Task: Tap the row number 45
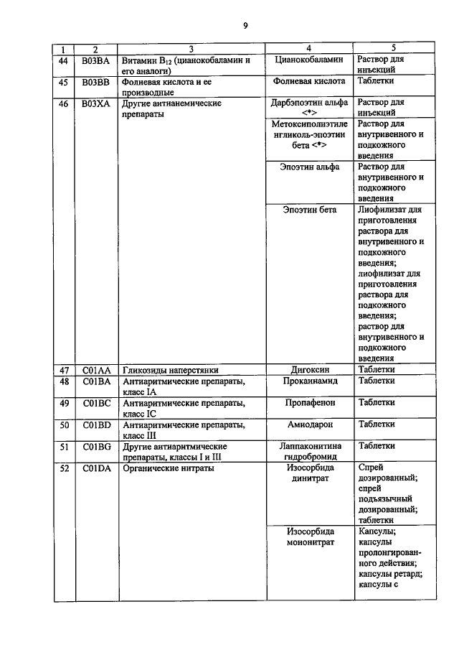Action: tap(64, 82)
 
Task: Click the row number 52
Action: tap(64, 468)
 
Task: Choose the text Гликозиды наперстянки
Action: tap(170, 369)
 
